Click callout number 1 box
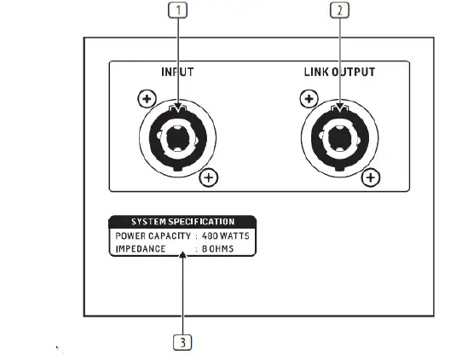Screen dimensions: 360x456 (x=178, y=11)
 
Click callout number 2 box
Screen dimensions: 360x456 (x=340, y=11)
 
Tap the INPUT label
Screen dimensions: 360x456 (x=177, y=73)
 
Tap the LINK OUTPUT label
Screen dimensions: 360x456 (x=339, y=73)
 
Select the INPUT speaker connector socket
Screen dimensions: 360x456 (x=178, y=136)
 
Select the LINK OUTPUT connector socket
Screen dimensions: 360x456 (x=340, y=136)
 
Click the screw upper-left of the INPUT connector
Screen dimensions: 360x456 (x=147, y=100)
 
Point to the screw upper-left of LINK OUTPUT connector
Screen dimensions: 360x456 (x=309, y=100)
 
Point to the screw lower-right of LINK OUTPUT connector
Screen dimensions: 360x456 (x=371, y=177)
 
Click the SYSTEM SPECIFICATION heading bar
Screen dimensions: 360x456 (x=182, y=222)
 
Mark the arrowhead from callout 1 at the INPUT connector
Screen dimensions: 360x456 (x=178, y=107)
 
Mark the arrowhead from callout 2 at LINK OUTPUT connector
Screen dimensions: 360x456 (x=340, y=107)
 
